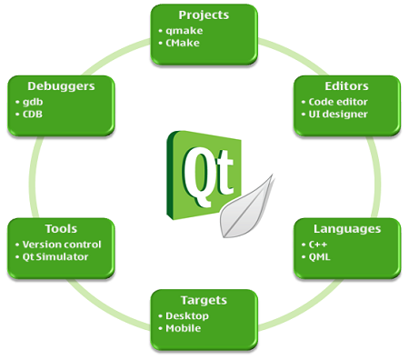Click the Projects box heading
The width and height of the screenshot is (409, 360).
click(x=204, y=15)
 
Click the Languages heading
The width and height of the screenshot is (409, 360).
click(x=347, y=228)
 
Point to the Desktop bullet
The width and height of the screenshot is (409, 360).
click(x=187, y=315)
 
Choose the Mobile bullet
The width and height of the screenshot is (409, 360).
click(x=185, y=327)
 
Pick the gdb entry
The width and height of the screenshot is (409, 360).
click(x=34, y=101)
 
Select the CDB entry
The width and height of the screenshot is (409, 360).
click(x=35, y=114)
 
